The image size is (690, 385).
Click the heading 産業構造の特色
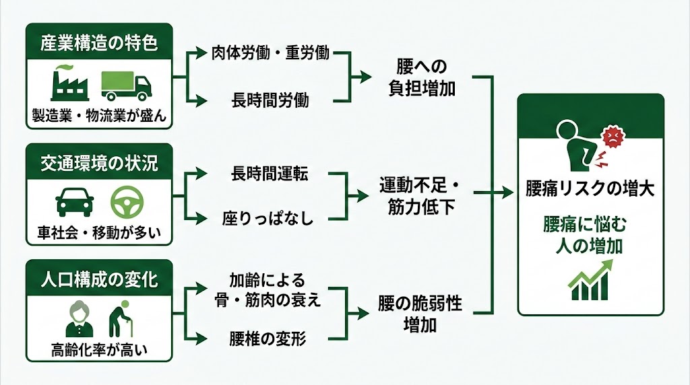click(98, 44)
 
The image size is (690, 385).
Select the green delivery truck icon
click(126, 85)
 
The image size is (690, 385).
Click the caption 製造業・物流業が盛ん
click(98, 115)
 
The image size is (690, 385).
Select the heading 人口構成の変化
click(98, 278)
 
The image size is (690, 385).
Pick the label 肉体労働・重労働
click(270, 54)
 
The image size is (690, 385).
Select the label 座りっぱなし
click(268, 219)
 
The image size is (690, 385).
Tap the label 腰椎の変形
click(268, 339)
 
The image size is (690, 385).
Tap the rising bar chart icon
click(590, 283)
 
